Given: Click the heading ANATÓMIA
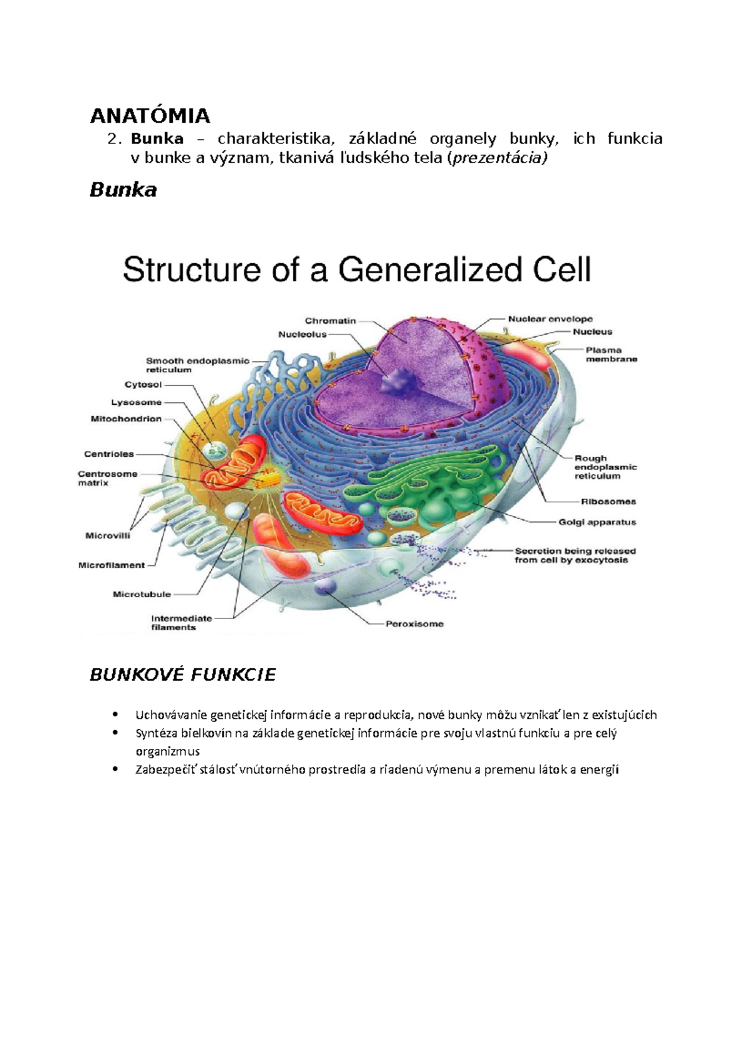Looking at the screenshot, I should tap(150, 116).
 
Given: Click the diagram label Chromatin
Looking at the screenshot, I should tap(330, 321).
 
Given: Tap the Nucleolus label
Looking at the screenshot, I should tap(303, 335).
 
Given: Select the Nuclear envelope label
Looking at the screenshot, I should tap(550, 319).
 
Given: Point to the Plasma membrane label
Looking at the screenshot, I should tap(611, 355).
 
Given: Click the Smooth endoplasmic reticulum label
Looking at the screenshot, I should tap(197, 365).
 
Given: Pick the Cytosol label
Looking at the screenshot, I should tap(143, 385).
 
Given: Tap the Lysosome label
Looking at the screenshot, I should tap(136, 402).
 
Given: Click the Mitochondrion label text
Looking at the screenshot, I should tap(126, 419).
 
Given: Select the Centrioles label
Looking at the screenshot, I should tap(109, 454).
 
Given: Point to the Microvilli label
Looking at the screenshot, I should tap(108, 536).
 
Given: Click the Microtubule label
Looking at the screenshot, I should tap(142, 594).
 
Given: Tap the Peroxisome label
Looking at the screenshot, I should tap(414, 624).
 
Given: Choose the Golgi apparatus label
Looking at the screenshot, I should tap(597, 522).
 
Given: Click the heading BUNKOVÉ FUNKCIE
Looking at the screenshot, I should tap(182, 675).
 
